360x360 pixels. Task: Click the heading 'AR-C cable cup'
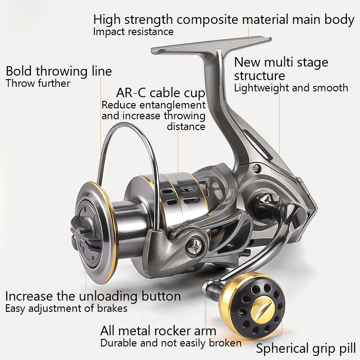[x=161, y=93]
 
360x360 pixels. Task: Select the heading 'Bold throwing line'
[x=59, y=71]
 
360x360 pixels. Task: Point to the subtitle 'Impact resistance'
[x=133, y=31]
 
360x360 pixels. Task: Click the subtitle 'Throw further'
[x=38, y=83]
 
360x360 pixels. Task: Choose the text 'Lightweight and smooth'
[x=291, y=88]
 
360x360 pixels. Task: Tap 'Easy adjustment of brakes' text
[x=66, y=308]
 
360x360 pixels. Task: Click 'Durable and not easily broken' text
[x=171, y=343]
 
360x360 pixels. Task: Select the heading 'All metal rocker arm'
[x=158, y=331]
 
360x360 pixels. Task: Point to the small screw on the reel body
[x=256, y=169]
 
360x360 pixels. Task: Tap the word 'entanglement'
[x=173, y=105]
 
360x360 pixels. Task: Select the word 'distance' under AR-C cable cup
[x=186, y=126]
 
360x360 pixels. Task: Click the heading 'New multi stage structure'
[x=281, y=69]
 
